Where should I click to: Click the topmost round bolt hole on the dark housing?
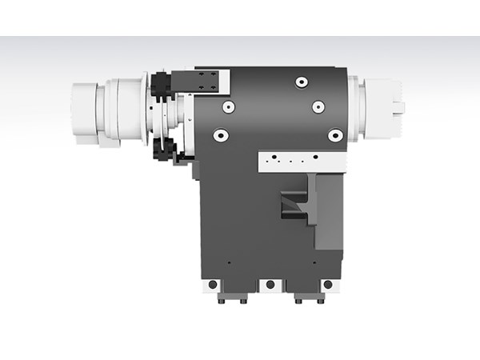point(301,82)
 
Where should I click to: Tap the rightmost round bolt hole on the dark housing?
point(335,137)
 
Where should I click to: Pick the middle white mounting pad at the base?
point(270,285)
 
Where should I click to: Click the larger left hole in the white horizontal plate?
point(274,157)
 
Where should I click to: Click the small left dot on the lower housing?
point(229,262)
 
